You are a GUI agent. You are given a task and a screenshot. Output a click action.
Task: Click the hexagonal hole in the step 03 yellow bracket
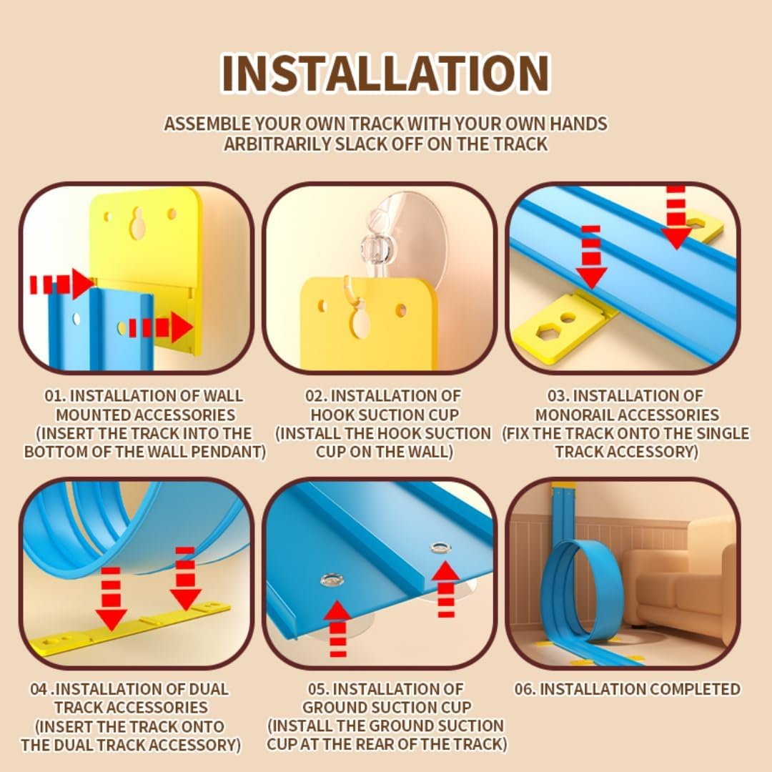[x=545, y=332]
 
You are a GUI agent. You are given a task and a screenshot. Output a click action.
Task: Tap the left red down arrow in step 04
[x=112, y=598]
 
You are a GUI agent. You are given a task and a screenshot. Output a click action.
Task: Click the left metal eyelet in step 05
[x=332, y=580]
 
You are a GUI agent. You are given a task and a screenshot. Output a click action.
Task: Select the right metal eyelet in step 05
[x=440, y=547]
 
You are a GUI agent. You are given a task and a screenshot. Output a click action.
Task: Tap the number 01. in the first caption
[x=56, y=396]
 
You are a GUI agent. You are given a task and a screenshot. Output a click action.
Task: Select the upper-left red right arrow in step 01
[x=61, y=284]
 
